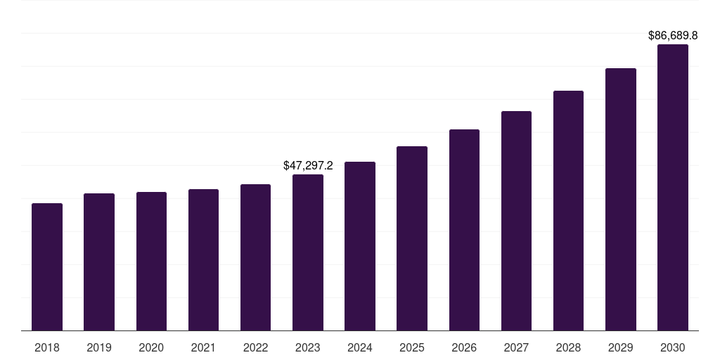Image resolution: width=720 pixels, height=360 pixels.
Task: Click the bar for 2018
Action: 47,267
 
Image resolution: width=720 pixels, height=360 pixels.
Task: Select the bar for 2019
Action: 99,262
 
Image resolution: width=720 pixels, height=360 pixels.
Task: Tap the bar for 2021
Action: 203,260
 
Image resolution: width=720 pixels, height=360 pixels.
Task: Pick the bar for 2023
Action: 308,252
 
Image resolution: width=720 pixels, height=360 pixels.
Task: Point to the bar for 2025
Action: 412,238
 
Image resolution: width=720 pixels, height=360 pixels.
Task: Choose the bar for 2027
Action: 516,221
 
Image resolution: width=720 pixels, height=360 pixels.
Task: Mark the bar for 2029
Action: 621,200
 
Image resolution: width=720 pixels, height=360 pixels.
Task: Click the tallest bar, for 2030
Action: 673,188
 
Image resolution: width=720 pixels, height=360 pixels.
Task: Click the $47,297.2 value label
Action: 308,166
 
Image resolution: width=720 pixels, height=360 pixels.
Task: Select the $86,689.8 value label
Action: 673,35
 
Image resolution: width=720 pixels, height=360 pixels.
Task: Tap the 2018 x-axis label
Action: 47,347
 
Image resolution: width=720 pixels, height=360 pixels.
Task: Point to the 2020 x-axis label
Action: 151,347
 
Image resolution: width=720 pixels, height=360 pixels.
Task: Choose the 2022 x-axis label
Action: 256,347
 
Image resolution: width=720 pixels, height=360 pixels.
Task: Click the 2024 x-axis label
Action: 360,347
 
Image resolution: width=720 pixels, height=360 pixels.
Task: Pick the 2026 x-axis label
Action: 464,347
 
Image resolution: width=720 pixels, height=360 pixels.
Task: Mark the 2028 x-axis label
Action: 569,347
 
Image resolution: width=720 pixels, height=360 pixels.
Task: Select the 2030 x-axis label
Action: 673,347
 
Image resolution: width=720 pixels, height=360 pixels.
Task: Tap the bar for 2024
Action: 360,246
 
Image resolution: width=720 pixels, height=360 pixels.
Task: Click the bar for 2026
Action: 464,230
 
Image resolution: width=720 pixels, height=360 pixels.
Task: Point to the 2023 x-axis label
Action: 308,347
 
